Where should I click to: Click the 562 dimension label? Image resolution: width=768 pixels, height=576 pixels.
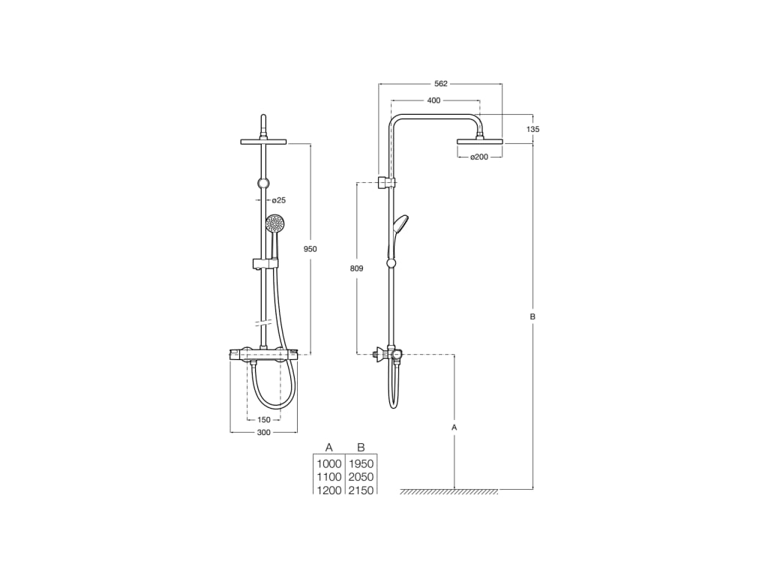pyautogui.click(x=441, y=84)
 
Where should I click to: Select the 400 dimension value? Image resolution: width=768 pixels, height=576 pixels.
pyautogui.click(x=434, y=100)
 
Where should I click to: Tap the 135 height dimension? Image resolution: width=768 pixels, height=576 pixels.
pyautogui.click(x=533, y=129)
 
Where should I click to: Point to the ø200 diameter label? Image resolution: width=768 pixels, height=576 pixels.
pyautogui.click(x=479, y=157)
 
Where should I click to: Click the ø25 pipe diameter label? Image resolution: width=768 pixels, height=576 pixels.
pyautogui.click(x=279, y=200)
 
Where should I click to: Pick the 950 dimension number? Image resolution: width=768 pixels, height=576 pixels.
pyautogui.click(x=310, y=249)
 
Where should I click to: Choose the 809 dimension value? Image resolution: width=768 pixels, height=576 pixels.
pyautogui.click(x=356, y=268)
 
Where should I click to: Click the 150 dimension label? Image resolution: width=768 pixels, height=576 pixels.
pyautogui.click(x=263, y=420)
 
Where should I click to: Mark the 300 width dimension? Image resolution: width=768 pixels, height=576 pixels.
pyautogui.click(x=263, y=433)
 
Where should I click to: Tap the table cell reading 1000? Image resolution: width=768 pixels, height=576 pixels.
pyautogui.click(x=329, y=463)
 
